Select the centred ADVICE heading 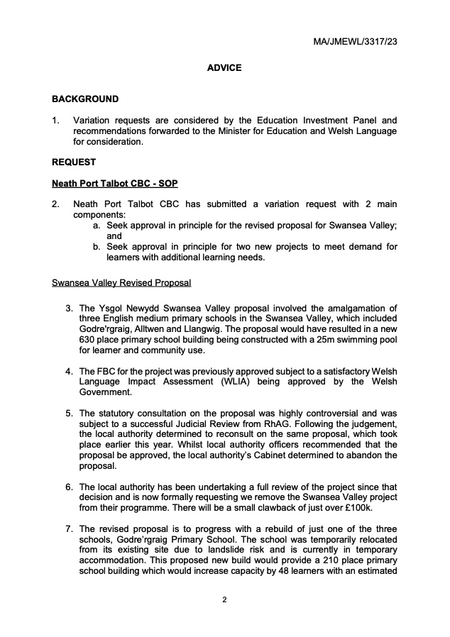(x=224, y=68)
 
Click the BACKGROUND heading (x=85, y=99)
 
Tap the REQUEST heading (x=74, y=162)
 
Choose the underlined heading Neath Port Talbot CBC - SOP (x=114, y=184)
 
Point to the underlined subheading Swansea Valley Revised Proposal (x=121, y=282)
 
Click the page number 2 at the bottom (x=224, y=600)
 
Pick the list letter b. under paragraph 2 (x=97, y=246)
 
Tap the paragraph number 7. (x=70, y=528)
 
